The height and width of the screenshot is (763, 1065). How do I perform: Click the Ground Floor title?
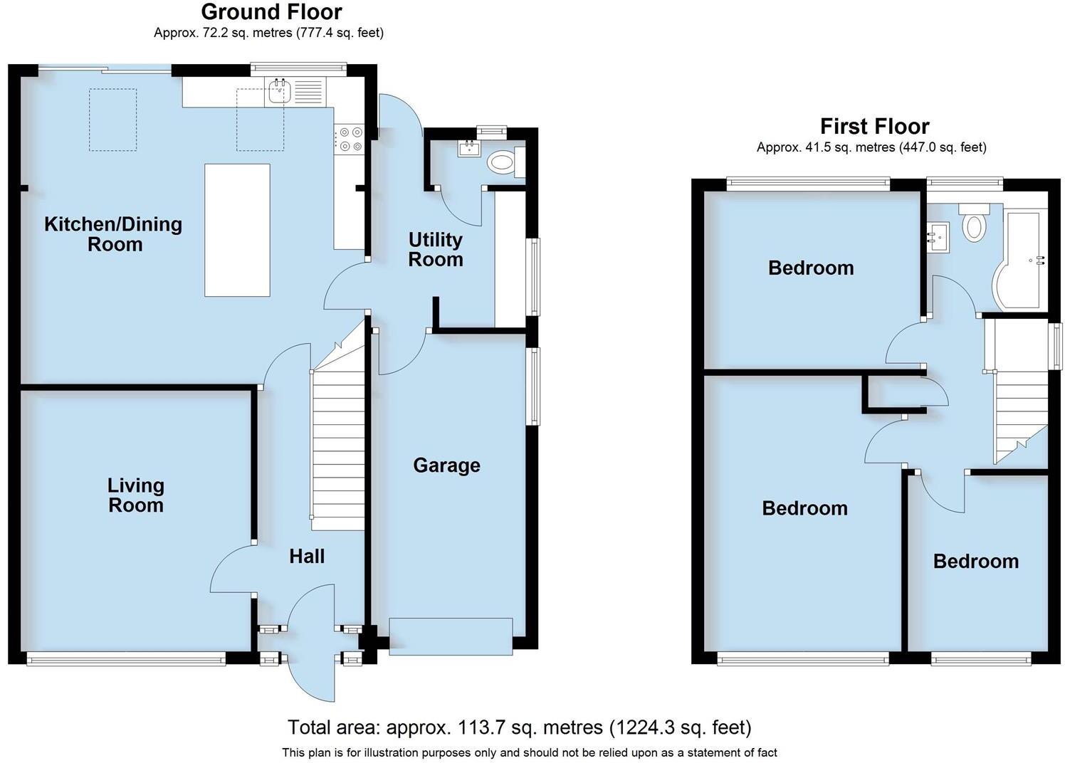[x=271, y=12]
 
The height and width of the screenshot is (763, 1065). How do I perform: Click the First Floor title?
[x=874, y=127]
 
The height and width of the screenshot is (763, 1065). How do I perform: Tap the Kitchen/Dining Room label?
[x=113, y=234]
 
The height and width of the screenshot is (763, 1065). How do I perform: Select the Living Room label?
[x=135, y=495]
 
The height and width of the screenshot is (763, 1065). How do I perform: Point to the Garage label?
[x=446, y=465]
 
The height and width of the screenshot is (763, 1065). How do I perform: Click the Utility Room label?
[x=435, y=250]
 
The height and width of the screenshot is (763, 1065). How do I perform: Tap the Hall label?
[x=307, y=557]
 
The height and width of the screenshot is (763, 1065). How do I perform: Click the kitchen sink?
[x=279, y=91]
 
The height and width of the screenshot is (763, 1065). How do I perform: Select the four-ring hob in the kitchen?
[x=349, y=139]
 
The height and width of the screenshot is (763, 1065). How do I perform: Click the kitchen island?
[x=237, y=230]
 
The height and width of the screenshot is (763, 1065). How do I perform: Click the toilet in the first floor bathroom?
[x=973, y=221]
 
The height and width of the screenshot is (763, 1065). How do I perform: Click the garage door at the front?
[x=451, y=636]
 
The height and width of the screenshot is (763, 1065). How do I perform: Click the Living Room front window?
[x=125, y=660]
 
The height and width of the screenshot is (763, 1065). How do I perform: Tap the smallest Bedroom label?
[x=975, y=562]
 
